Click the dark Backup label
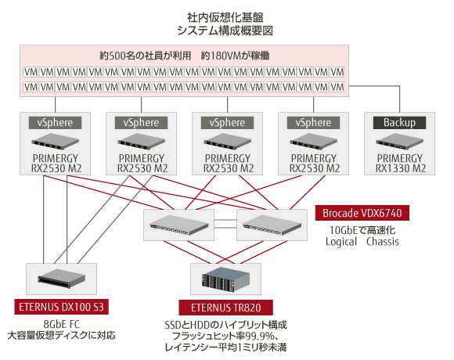(399, 123)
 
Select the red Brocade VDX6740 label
(362, 213)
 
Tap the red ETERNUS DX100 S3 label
(61, 307)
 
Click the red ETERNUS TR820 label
(226, 308)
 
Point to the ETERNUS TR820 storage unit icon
(226, 279)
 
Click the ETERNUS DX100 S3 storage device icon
(61, 279)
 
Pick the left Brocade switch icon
(179, 225)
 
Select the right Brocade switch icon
(272, 225)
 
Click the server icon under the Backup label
(399, 141)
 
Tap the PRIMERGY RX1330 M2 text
(400, 164)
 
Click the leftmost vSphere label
(55, 123)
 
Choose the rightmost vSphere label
(313, 123)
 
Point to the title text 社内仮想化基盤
(225, 18)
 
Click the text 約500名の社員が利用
(145, 56)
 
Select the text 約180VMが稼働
(235, 56)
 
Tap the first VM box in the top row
(31, 72)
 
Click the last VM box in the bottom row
(337, 87)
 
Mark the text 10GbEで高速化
(362, 230)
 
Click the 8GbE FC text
(61, 325)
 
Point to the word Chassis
(383, 241)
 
